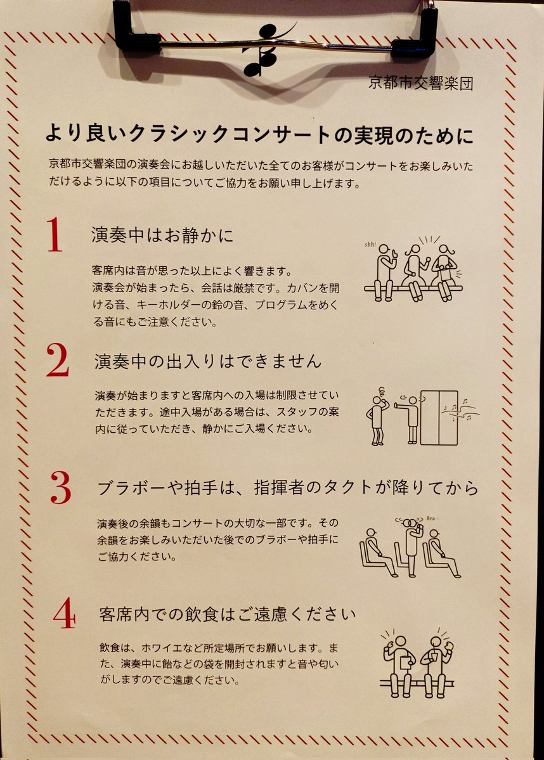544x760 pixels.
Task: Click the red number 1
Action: (x=55, y=235)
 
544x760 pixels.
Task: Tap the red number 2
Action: (x=58, y=359)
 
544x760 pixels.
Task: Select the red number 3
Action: (x=61, y=487)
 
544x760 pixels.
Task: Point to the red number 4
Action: (x=65, y=613)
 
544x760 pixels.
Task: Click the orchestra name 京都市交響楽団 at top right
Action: (x=420, y=82)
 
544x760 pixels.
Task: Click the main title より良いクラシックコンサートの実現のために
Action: (x=259, y=134)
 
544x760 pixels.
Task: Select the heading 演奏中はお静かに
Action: (x=162, y=235)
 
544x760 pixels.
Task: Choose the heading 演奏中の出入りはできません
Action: (x=208, y=361)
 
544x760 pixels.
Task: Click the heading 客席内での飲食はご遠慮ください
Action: (x=228, y=614)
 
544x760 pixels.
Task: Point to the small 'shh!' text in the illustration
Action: (x=370, y=245)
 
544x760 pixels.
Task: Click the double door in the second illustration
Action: (x=439, y=417)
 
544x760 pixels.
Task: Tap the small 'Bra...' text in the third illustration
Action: (x=432, y=518)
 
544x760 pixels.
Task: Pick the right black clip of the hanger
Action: (x=415, y=30)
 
